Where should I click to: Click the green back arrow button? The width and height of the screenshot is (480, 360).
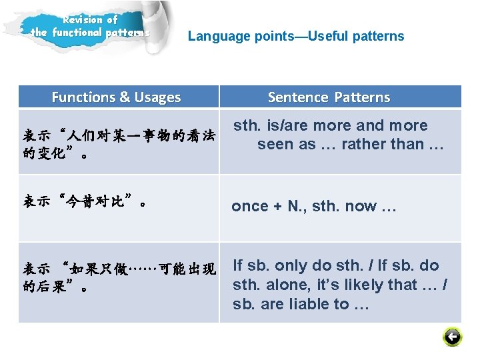(x=452, y=337)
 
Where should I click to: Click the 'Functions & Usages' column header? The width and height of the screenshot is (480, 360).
(x=116, y=97)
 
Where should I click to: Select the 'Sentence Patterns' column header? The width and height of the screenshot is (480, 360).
(x=329, y=97)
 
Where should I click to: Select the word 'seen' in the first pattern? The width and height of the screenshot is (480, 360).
(x=275, y=144)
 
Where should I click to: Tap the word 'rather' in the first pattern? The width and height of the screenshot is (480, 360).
(x=364, y=144)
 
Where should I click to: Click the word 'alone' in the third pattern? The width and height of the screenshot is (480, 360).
(x=283, y=285)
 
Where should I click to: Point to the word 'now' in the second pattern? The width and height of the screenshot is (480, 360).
(x=361, y=207)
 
